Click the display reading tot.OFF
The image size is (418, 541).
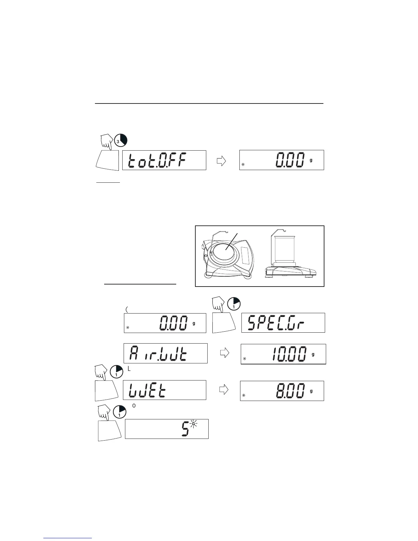point(164,160)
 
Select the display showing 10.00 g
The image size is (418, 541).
point(283,354)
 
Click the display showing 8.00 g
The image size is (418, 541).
point(282,391)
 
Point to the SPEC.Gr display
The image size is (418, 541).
point(283,323)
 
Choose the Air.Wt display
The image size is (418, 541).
point(165,353)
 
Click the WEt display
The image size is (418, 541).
point(164,390)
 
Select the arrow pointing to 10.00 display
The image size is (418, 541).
point(224,353)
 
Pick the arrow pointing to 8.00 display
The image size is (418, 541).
point(223,390)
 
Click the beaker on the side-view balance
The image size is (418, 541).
point(286,250)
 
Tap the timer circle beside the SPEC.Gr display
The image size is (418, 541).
point(234,303)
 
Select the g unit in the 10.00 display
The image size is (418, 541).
point(313,354)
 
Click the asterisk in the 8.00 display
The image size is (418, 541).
point(243,396)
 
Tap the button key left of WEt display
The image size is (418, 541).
point(107,390)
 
